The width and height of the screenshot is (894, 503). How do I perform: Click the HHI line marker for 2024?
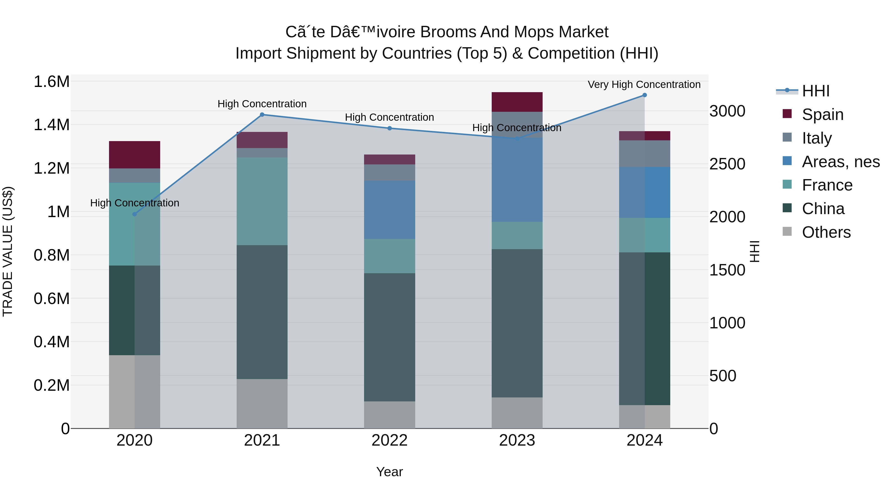point(644,95)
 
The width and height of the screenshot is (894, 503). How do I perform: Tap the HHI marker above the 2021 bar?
point(262,115)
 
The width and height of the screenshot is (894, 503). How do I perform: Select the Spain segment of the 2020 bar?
point(134,155)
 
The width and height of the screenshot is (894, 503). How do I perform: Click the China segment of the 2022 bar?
point(389,337)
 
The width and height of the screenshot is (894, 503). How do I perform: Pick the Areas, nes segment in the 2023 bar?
point(517,180)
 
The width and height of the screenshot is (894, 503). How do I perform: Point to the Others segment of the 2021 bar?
point(262,403)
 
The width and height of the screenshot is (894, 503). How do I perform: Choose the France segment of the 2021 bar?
point(262,201)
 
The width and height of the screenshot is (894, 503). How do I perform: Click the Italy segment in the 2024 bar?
point(644,154)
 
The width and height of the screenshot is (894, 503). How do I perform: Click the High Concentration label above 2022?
point(389,117)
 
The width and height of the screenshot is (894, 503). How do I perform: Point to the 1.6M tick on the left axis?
point(51,82)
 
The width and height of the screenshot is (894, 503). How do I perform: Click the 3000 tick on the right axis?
point(727,111)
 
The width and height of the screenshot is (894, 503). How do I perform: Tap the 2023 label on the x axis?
point(517,440)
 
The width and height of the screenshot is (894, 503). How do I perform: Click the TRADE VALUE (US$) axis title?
point(8,251)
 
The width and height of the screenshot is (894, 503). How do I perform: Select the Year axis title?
point(389,472)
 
